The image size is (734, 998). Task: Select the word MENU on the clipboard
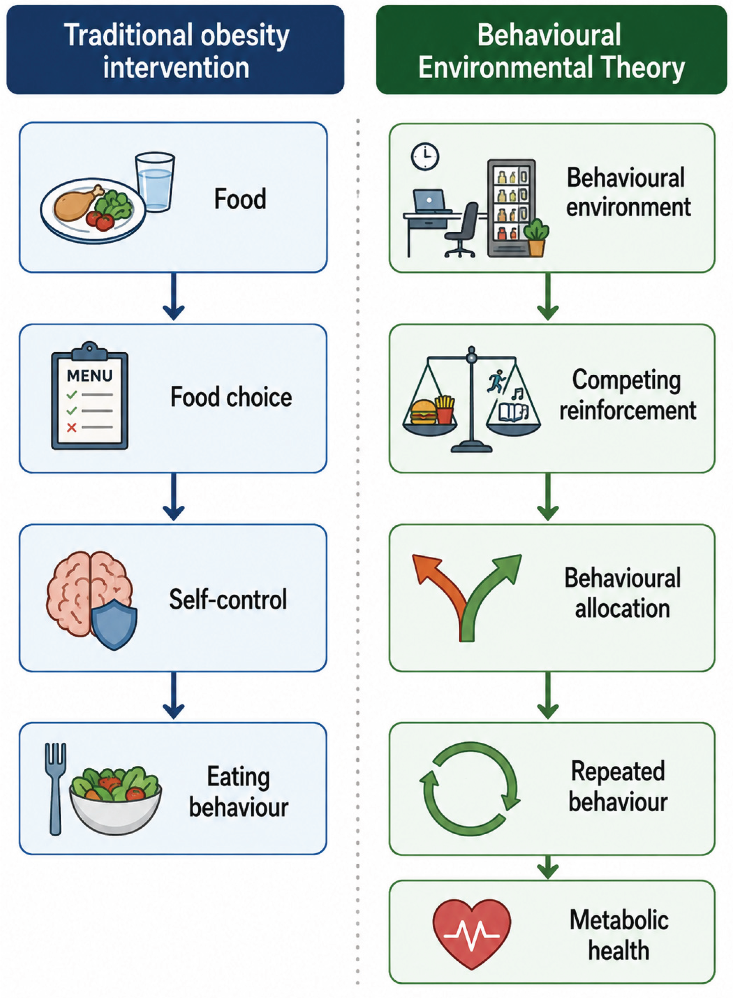tap(90, 376)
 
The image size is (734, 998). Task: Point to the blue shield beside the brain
tap(114, 624)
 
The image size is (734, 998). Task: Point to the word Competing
tap(626, 381)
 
